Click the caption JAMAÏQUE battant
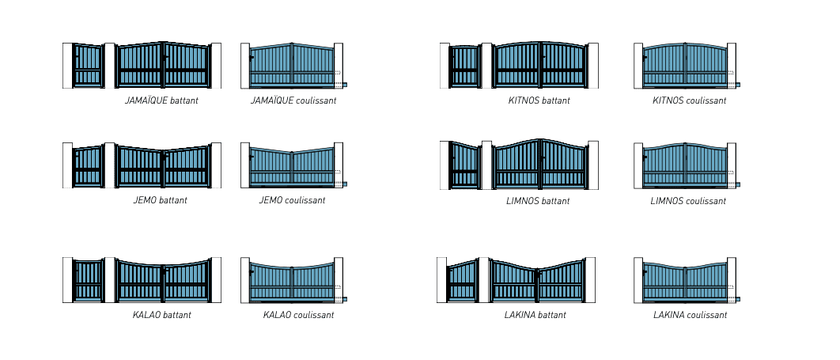tap(161, 100)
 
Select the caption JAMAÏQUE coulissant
tap(293, 100)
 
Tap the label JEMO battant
tap(161, 200)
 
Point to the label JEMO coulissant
tap(292, 200)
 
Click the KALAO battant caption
tap(162, 315)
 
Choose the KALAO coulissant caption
tap(298, 315)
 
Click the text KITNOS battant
tap(539, 100)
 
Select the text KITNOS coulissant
tap(690, 100)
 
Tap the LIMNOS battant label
tap(538, 202)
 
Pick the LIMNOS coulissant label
tap(688, 202)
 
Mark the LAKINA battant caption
tap(535, 315)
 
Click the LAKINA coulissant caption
tap(690, 315)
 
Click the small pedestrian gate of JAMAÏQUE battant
tap(88, 66)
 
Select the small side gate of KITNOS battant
tap(465, 66)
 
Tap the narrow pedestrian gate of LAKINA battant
tap(463, 281)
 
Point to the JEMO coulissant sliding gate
tap(292, 167)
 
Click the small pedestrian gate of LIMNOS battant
tap(465, 165)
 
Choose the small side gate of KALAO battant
tap(88, 281)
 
